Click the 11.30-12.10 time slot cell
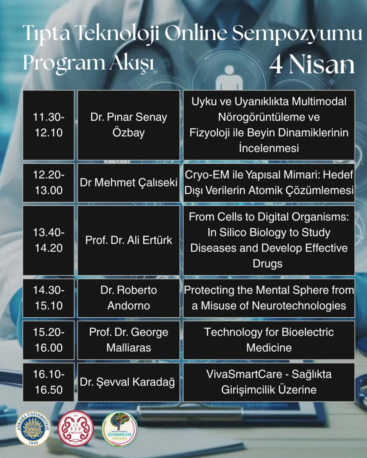click(x=49, y=125)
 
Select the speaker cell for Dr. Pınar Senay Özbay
click(x=128, y=125)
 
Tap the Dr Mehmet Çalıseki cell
click(x=128, y=182)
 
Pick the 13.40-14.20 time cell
click(x=49, y=240)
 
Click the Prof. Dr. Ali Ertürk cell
click(x=128, y=240)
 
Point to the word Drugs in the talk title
click(x=268, y=264)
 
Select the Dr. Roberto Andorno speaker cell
click(x=128, y=298)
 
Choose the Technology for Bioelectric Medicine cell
click(x=269, y=340)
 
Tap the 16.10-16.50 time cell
click(x=49, y=382)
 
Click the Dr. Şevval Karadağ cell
click(x=128, y=382)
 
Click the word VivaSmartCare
click(x=244, y=374)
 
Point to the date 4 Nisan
click(x=312, y=65)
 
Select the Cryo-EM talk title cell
click(x=269, y=182)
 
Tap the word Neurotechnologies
click(x=299, y=306)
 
